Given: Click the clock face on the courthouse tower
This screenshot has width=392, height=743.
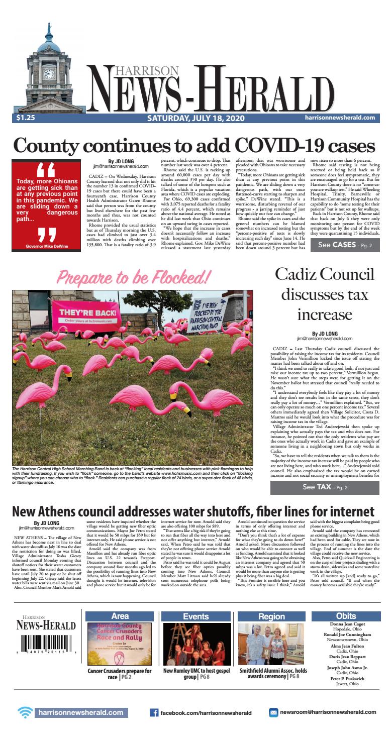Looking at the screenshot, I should click(49, 74).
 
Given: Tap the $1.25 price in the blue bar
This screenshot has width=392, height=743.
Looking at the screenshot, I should click(25, 118).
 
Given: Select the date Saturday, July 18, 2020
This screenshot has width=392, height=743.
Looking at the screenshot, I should click(195, 118).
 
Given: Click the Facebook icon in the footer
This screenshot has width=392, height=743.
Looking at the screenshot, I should click(154, 726).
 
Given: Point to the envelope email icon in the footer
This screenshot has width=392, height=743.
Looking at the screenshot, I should click(274, 726).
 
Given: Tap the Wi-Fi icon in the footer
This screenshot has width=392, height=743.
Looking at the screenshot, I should click(25, 726).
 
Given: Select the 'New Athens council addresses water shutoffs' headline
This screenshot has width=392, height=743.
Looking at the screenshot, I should click(193, 511).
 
